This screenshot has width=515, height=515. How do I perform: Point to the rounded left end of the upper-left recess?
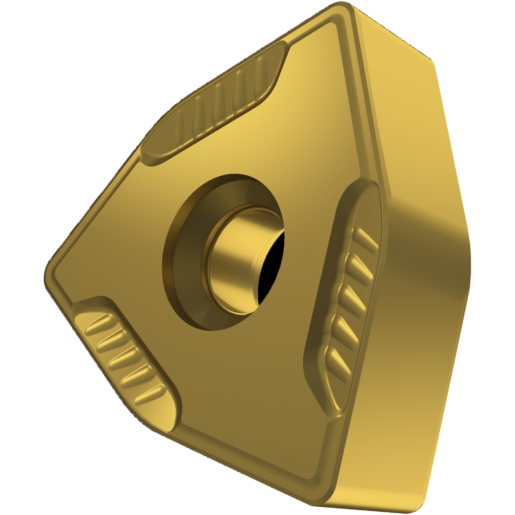coord(149,154)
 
